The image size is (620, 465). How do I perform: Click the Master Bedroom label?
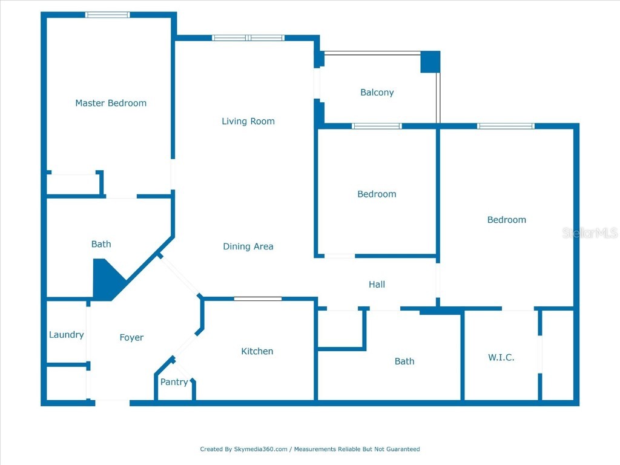coord(111,103)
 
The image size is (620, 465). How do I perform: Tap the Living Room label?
coord(248,121)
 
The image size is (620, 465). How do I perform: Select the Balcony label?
coord(377,93)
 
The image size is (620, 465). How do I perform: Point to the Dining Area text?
coord(248,246)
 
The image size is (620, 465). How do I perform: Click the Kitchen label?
coord(257,351)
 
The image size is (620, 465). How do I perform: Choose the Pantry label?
coord(174,382)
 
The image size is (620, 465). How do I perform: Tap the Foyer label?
coord(131,337)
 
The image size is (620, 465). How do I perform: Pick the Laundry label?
coord(66,335)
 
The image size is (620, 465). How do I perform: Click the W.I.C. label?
coord(501,357)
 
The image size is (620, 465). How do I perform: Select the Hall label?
coord(377,284)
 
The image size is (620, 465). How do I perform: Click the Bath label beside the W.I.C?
coord(404,361)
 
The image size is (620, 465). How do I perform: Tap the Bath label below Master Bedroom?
coord(101,244)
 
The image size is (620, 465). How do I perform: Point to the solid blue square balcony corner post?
coord(430,62)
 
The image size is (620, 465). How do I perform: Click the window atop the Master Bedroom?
coord(107,15)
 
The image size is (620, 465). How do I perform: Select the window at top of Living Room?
coord(248,38)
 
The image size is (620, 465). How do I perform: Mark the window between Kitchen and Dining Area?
coord(257,298)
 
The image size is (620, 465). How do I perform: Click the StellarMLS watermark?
coord(590,233)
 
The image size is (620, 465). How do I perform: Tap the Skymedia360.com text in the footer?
coord(261,449)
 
